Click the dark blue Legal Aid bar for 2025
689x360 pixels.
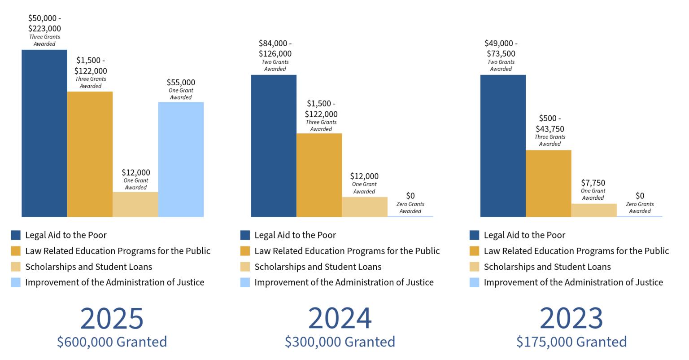click(44, 133)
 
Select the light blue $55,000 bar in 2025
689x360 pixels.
click(181, 159)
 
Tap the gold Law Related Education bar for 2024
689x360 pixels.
click(319, 175)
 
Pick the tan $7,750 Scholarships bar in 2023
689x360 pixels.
click(594, 210)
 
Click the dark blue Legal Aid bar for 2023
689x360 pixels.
click(503, 146)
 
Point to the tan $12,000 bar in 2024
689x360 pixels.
click(365, 207)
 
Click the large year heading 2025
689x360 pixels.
click(112, 318)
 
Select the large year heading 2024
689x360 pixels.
click(340, 318)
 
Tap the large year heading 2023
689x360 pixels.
click(571, 318)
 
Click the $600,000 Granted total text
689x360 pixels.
click(112, 342)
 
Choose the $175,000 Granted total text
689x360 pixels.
click(571, 342)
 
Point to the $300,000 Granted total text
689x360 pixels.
click(340, 342)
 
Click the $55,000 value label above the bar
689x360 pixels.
click(181, 83)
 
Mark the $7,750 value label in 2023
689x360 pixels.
click(593, 183)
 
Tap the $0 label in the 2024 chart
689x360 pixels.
click(410, 196)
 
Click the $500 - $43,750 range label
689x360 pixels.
click(550, 123)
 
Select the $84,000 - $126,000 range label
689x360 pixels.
click(275, 48)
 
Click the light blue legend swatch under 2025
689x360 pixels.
click(16, 282)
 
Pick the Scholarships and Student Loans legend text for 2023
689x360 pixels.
click(547, 267)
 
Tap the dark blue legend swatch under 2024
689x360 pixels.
click(245, 235)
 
